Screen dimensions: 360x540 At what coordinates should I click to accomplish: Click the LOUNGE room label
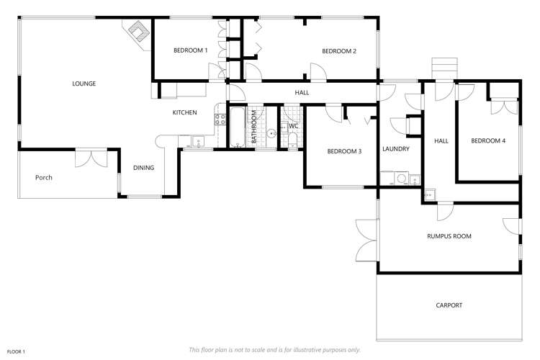tap(84, 84)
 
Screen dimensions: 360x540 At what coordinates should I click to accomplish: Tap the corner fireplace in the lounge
tap(138, 31)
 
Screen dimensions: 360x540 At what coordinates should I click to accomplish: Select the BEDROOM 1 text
tap(190, 50)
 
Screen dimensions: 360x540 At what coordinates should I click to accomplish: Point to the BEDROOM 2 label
tap(338, 50)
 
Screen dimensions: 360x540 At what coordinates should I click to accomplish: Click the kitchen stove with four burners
tap(219, 120)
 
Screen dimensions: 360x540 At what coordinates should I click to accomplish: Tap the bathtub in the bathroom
tap(238, 128)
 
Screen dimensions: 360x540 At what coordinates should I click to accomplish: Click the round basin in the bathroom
tap(272, 133)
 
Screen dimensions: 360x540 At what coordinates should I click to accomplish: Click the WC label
tap(293, 126)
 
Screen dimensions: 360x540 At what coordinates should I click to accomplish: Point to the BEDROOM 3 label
tap(343, 151)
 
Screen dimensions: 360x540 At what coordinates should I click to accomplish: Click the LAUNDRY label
tap(396, 149)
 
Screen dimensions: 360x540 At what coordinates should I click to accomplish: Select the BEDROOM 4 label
tap(487, 141)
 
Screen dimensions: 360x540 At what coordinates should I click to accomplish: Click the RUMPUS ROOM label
tap(449, 235)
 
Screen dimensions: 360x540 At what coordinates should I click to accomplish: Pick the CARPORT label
tap(449, 305)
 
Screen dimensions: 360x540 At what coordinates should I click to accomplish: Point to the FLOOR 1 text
tap(14, 351)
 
